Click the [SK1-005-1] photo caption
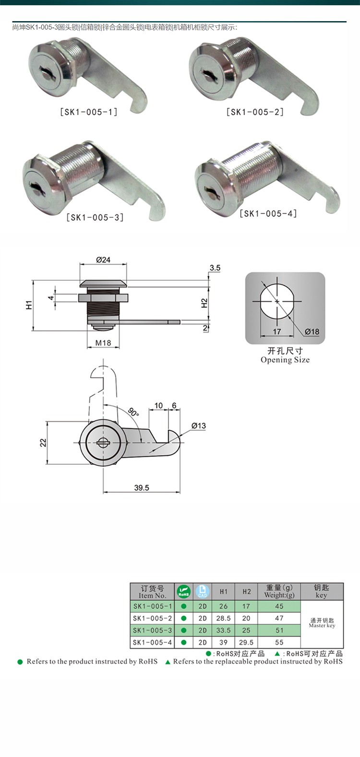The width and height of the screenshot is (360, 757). [x=89, y=112]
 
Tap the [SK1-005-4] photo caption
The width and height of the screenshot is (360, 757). [x=268, y=213]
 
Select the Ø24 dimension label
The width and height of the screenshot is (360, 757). [x=103, y=260]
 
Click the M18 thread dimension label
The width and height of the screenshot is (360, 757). [x=103, y=343]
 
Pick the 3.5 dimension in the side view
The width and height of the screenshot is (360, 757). [x=215, y=268]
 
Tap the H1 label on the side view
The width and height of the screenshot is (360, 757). [x=29, y=305]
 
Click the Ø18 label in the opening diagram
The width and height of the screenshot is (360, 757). [x=312, y=331]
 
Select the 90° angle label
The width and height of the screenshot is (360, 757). [x=133, y=412]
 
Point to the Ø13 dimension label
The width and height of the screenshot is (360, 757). [x=198, y=426]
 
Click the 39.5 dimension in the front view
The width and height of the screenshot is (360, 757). [x=142, y=488]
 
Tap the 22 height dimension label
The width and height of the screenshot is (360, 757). [x=43, y=442]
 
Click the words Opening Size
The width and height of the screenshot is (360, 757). [x=285, y=360]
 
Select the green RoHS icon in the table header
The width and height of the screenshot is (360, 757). [x=183, y=592]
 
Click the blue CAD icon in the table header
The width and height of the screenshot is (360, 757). [x=203, y=592]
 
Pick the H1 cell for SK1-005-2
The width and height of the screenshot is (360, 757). [x=223, y=618]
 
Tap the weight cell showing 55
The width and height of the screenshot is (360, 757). [x=279, y=642]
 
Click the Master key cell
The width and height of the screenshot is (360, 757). [x=322, y=623]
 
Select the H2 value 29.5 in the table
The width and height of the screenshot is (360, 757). [x=246, y=642]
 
